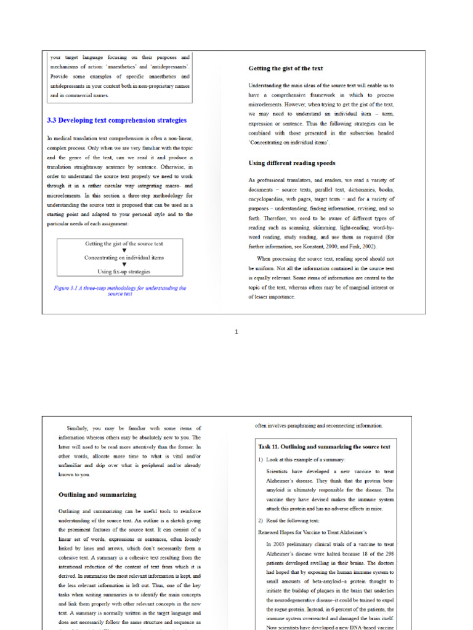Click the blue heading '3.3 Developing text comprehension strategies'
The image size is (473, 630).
pos(117,121)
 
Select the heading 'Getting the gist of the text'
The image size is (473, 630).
pos(286,68)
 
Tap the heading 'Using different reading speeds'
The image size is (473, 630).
pos(292,163)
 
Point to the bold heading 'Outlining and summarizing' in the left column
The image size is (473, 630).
pos(97,494)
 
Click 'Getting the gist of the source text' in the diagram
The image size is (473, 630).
pos(124,244)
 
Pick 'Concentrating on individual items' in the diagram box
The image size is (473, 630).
pos(124,258)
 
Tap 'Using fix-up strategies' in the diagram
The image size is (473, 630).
pos(124,271)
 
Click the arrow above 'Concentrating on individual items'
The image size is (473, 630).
pos(124,251)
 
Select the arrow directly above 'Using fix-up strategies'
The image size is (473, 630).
pos(124,265)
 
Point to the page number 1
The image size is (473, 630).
pos(236,332)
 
